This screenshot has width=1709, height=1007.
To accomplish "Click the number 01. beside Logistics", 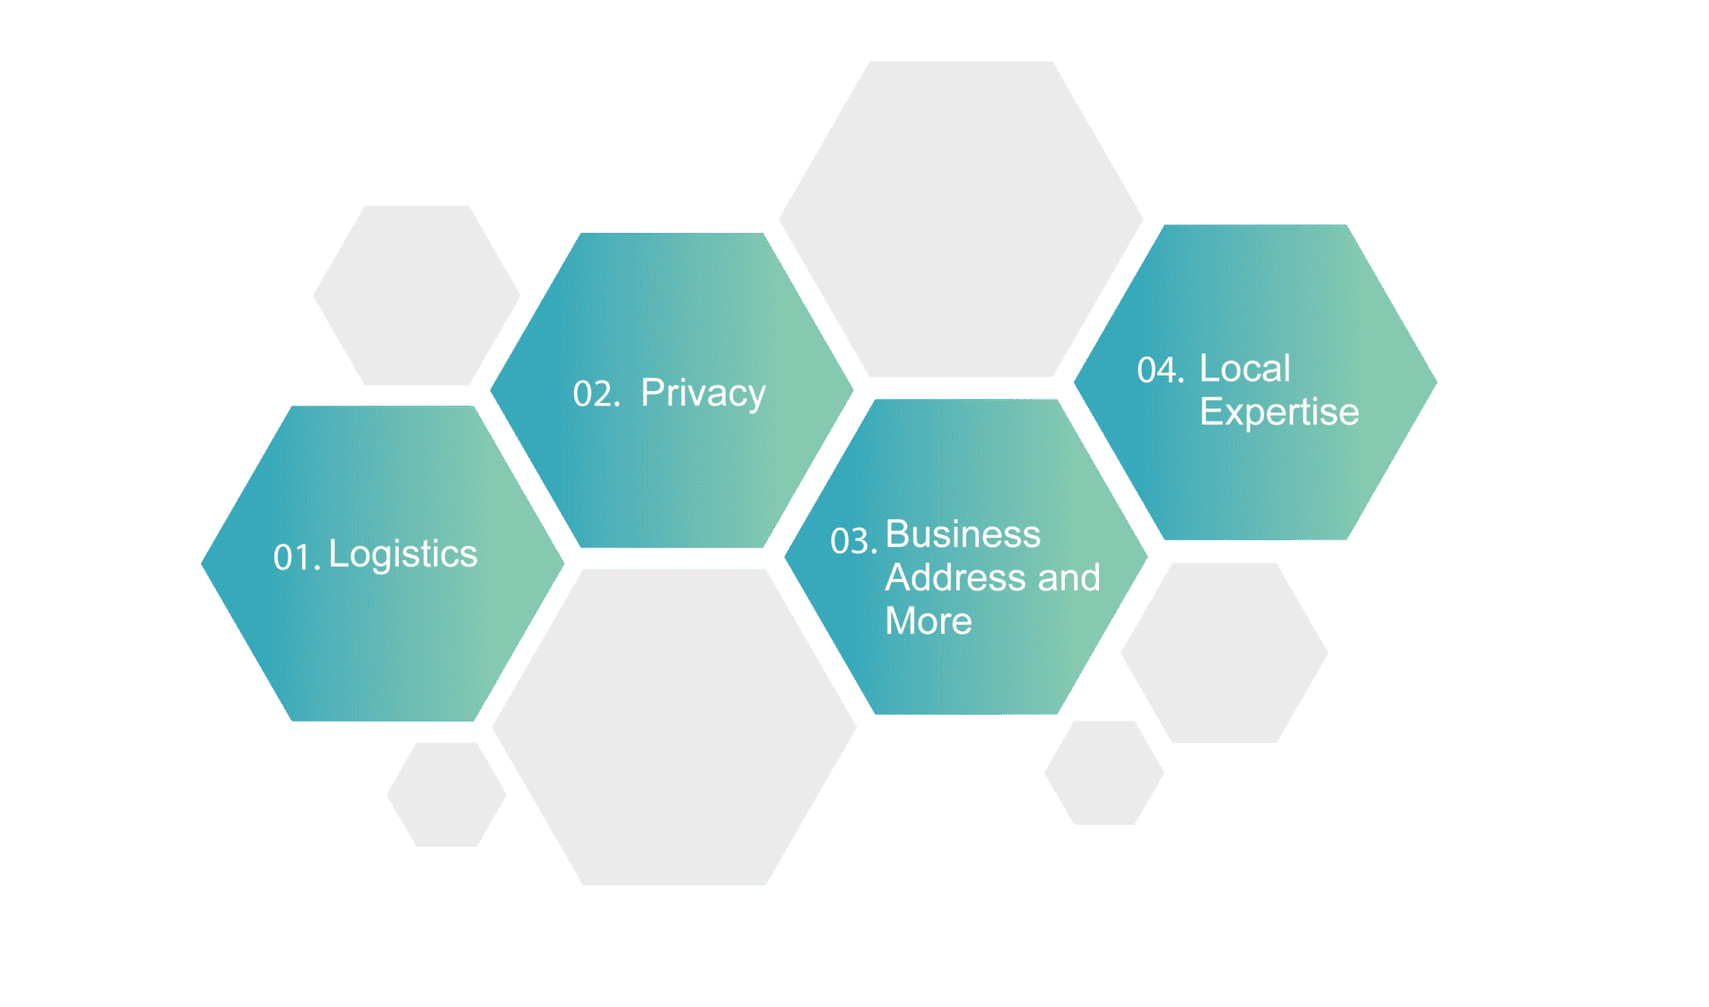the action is (296, 558).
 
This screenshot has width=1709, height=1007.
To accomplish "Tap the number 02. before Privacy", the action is (596, 394).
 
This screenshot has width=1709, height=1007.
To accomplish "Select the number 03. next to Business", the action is (853, 541).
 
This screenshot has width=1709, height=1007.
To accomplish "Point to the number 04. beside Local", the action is (1160, 370).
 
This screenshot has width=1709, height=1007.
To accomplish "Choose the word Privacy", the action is (703, 393).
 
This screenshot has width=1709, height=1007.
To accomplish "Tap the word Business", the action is (963, 534).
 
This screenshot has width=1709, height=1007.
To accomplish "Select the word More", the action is (929, 621).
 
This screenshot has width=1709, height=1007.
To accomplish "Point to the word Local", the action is (1245, 368).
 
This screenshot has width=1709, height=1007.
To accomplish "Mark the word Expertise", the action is (1279, 412).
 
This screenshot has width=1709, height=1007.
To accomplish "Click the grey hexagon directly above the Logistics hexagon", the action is (416, 296).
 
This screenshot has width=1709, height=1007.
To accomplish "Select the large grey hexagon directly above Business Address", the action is (961, 219).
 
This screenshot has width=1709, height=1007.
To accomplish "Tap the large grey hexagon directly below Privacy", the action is (674, 727).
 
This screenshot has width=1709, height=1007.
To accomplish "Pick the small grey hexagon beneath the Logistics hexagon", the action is (446, 794).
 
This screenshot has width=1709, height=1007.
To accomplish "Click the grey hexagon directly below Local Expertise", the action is (1224, 653).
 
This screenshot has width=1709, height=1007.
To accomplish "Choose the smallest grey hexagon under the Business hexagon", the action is (1104, 773).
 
